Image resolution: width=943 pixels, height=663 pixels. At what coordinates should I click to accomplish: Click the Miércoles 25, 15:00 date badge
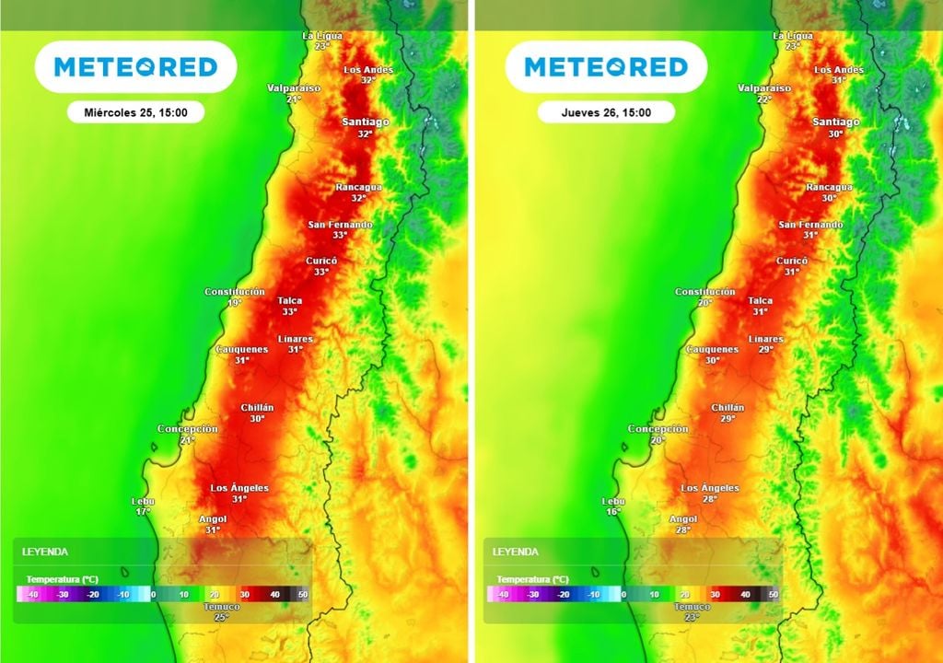coord(135,112)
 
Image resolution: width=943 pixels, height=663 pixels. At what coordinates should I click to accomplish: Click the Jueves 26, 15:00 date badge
coord(606,112)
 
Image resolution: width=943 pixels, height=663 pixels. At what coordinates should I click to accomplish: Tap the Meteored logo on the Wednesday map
coord(135,66)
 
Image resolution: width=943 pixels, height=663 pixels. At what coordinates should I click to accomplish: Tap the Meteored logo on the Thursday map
coord(606,66)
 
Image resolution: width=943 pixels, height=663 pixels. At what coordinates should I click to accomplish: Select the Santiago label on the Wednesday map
coord(366,122)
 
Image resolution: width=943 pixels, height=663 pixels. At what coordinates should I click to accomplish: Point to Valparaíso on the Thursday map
coord(764,88)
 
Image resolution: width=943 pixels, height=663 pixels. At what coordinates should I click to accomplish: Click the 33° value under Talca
coord(290,311)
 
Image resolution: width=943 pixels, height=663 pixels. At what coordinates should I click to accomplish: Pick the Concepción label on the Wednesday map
coord(188,429)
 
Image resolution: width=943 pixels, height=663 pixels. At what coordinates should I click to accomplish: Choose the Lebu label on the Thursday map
coord(613,501)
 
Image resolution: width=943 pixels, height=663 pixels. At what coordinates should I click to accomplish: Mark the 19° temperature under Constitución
coord(235,302)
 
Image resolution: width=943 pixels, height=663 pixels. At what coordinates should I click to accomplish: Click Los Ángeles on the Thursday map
coord(710,488)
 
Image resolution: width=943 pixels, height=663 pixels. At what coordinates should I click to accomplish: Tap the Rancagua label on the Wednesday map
coord(358,187)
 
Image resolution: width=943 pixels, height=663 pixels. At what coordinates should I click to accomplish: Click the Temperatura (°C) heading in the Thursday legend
coord(532,579)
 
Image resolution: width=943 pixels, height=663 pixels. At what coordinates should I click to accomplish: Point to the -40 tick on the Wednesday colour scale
coord(31,595)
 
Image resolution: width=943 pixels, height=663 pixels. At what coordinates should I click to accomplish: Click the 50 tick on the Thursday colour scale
coord(774,595)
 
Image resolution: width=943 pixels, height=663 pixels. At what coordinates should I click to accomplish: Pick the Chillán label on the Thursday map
coord(728,407)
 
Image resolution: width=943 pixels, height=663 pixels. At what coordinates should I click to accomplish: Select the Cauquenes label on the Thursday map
coord(713,350)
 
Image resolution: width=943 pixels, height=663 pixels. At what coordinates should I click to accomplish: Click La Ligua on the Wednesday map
coord(322,36)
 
